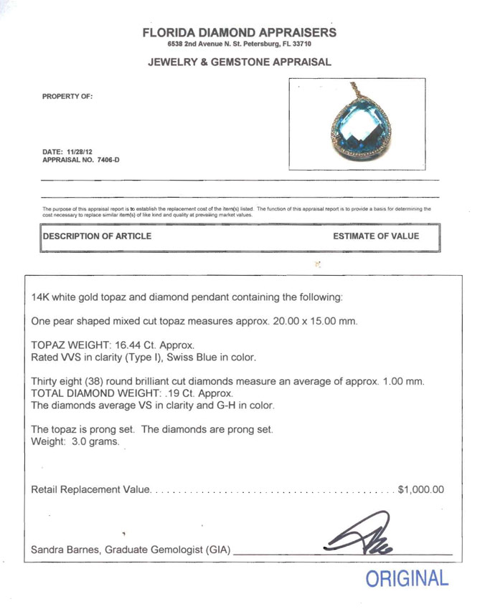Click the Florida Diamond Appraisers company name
click(240, 32)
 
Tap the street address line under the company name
click(240, 44)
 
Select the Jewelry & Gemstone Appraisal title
click(240, 62)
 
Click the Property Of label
click(67, 96)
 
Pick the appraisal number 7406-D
click(105, 160)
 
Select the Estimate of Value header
click(376, 236)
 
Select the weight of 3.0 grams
click(95, 442)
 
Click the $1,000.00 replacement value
click(420, 490)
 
